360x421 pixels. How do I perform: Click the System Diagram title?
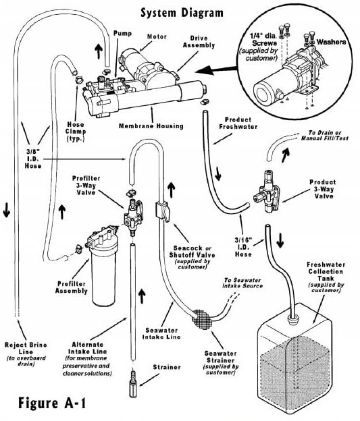(180, 11)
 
